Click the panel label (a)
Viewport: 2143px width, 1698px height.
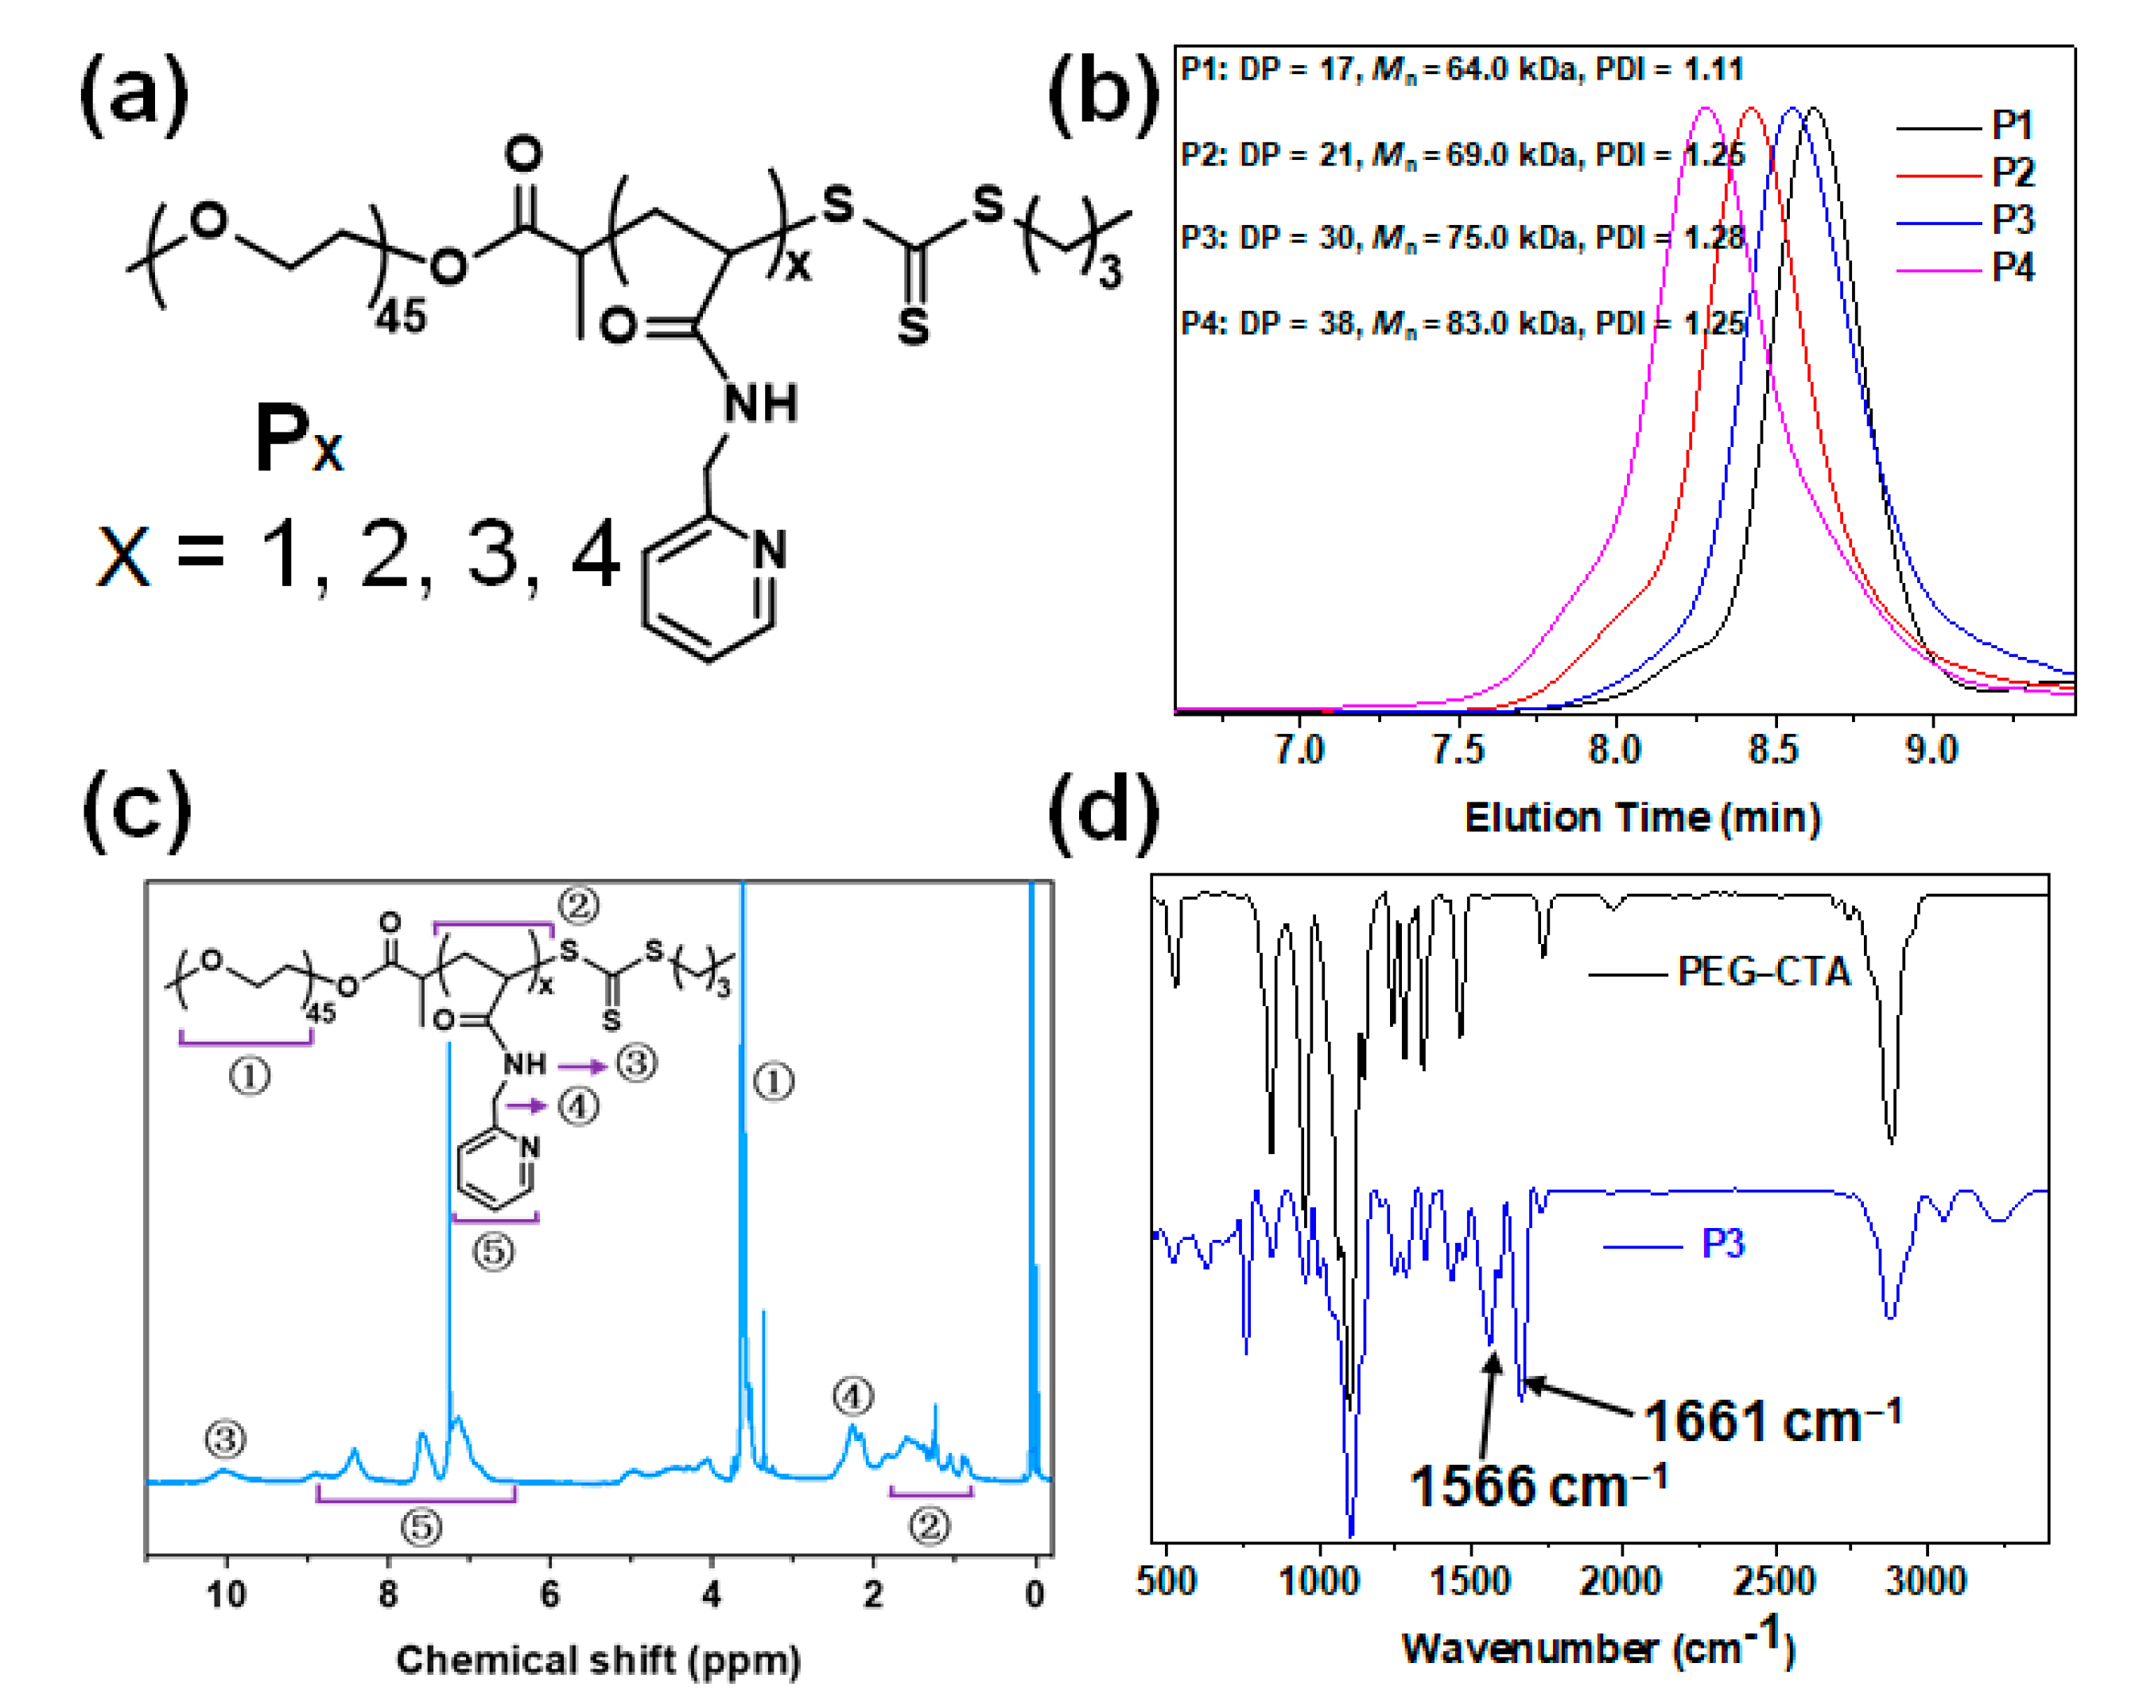(134, 95)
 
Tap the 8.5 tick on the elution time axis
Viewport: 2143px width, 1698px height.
(1774, 748)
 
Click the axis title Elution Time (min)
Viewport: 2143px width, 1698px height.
(1642, 818)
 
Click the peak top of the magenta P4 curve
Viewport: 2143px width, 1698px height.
(1706, 110)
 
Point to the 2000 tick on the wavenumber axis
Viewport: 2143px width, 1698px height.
(1621, 1581)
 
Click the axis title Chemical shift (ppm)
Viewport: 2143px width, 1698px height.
(597, 1659)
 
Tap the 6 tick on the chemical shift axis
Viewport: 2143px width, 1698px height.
(549, 1594)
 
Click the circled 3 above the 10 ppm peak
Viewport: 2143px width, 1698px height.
(226, 1439)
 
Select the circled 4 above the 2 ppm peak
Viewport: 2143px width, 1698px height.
(852, 1397)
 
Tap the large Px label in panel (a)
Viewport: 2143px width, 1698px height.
(298, 438)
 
